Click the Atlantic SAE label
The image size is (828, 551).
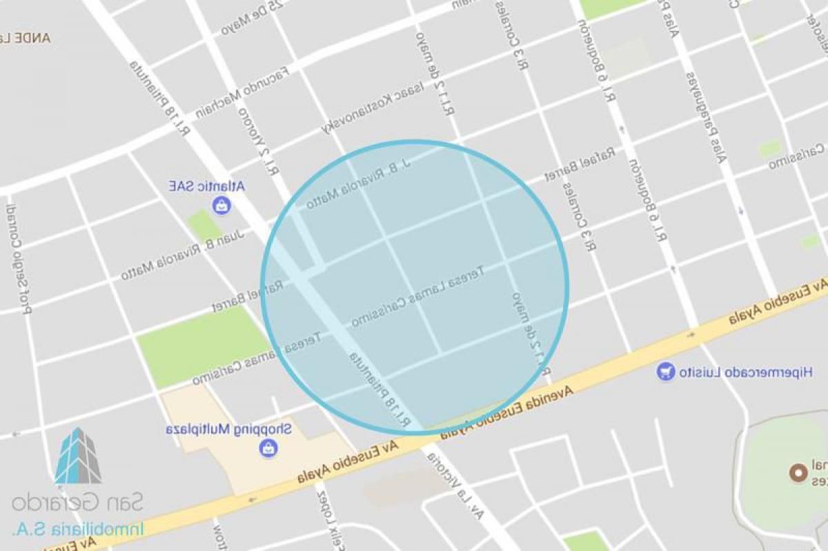[x=207, y=186]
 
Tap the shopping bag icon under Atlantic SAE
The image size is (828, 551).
[x=221, y=205]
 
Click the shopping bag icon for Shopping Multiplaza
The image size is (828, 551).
[x=268, y=448]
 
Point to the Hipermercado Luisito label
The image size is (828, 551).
[x=745, y=372]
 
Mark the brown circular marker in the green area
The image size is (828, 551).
[x=799, y=473]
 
